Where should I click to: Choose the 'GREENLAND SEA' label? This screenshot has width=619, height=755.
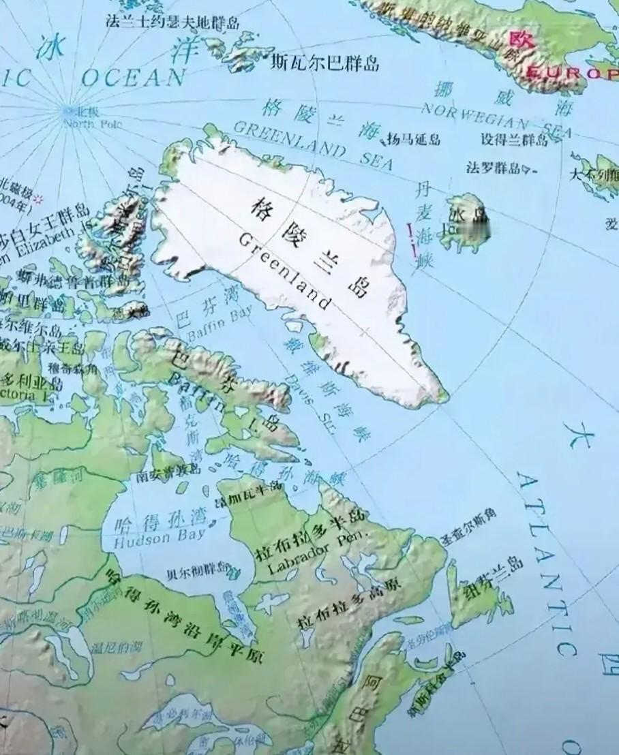tap(314, 145)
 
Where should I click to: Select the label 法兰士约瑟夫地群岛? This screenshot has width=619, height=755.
tap(173, 22)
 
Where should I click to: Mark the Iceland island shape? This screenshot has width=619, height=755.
tap(468, 222)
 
